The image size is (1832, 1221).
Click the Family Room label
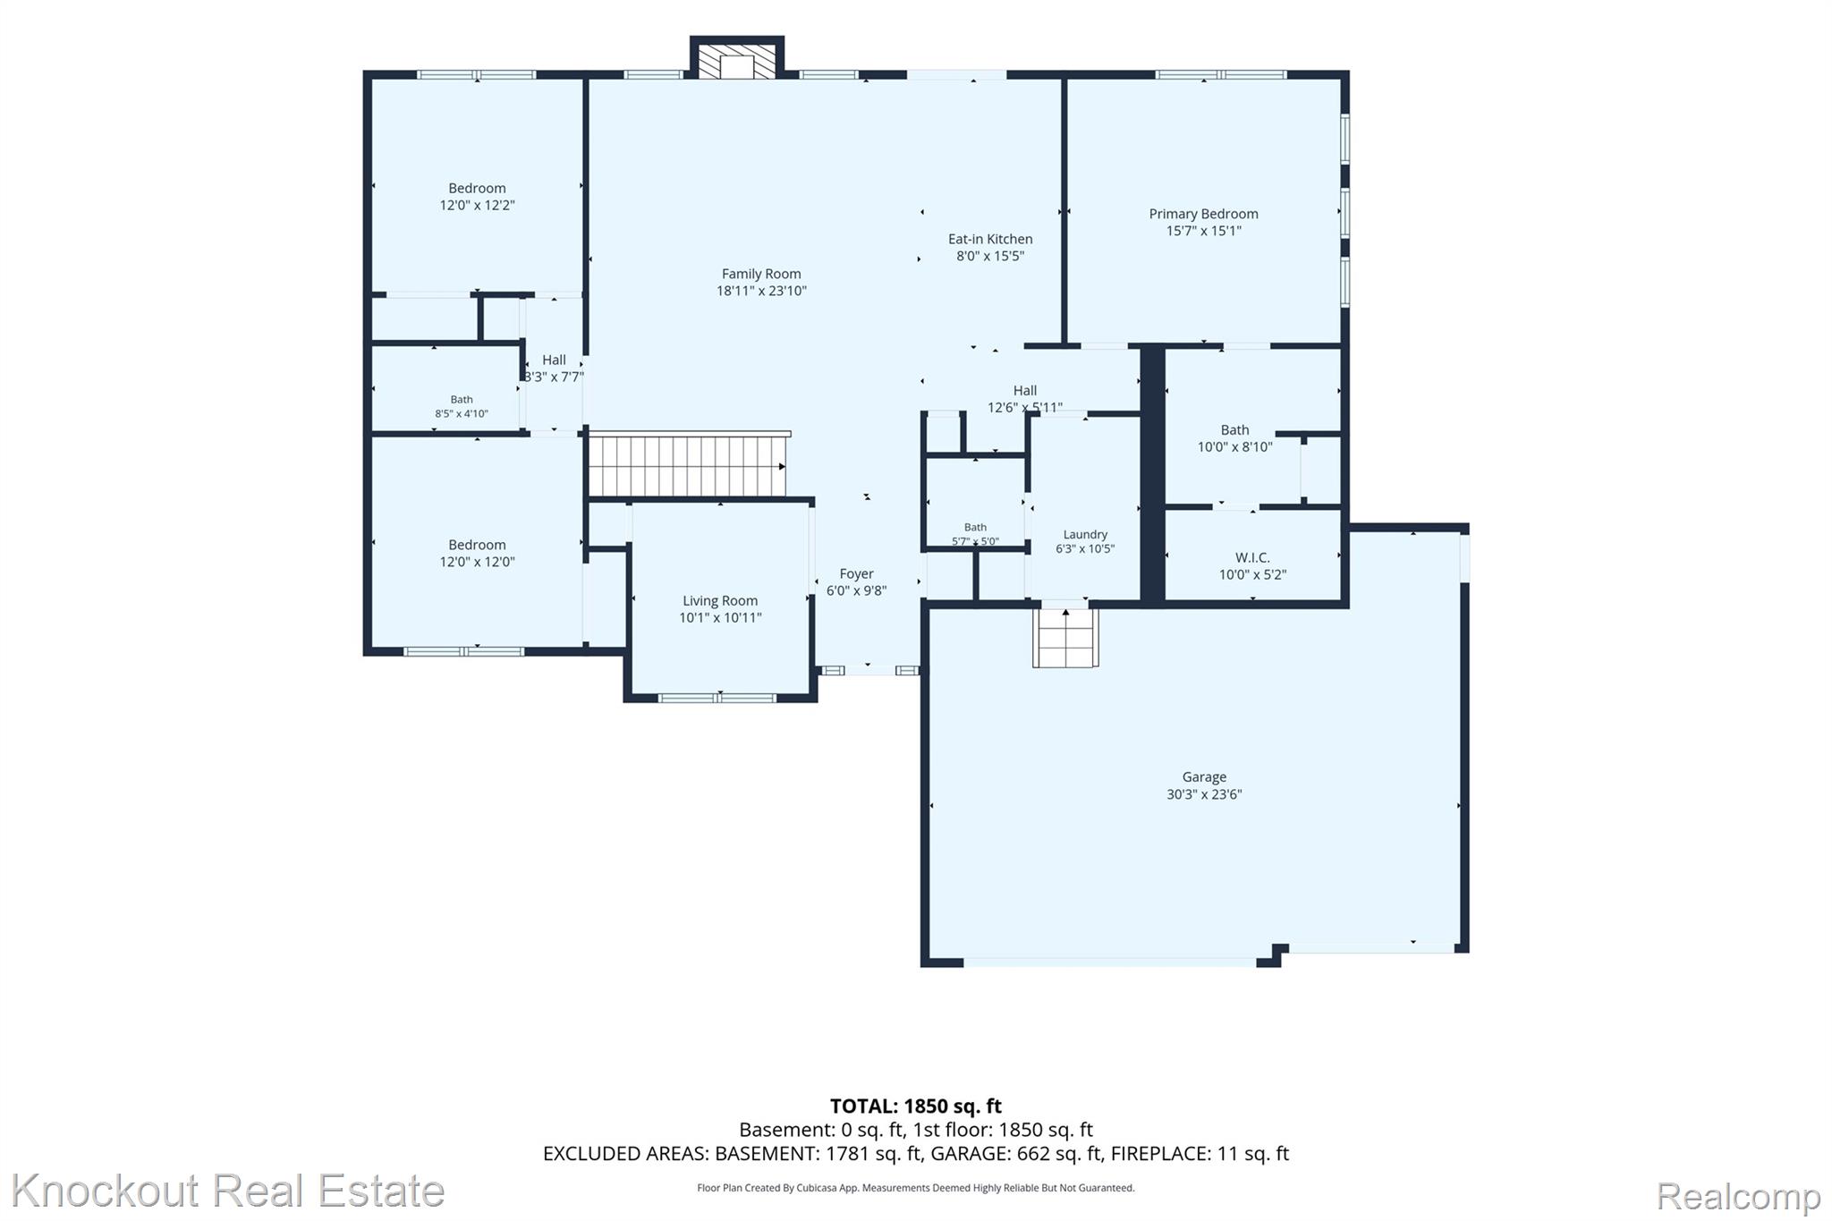coord(761,274)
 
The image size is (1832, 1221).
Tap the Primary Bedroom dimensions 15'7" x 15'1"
coord(1203,231)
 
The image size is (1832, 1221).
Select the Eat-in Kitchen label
coord(990,239)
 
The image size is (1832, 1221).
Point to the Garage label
coord(1204,777)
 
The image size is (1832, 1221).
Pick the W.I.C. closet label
coord(1252,557)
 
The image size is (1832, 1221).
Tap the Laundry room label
coord(1085,534)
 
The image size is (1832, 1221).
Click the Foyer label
coord(856,573)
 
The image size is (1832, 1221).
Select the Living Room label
coord(720,601)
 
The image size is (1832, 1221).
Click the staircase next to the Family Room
coord(687,465)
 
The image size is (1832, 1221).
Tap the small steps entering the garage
coord(1065,637)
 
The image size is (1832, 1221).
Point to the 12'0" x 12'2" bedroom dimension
coord(477,205)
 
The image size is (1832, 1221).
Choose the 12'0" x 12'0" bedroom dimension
coord(477,562)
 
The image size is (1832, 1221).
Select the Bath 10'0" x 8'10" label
coord(1234,438)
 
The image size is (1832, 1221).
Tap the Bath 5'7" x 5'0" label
coord(975,534)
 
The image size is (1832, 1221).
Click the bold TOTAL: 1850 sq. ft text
coord(916,1107)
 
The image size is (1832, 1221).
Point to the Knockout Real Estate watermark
coord(227,1191)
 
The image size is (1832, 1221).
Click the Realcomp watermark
coord(1738,1196)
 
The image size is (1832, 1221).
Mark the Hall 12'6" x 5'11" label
coord(1025,399)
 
